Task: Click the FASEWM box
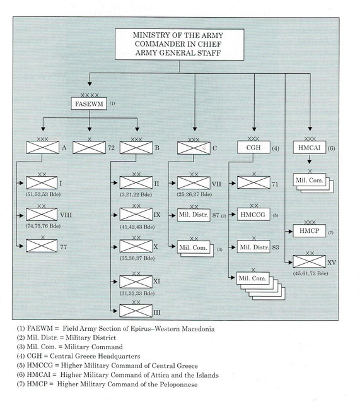pyautogui.click(x=89, y=104)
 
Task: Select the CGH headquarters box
pyautogui.click(x=253, y=147)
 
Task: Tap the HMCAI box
pyautogui.click(x=310, y=147)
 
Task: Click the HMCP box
pyautogui.click(x=309, y=230)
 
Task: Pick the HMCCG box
pyautogui.click(x=253, y=215)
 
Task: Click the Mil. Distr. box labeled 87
pyautogui.click(x=194, y=215)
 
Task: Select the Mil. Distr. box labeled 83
pyautogui.click(x=253, y=247)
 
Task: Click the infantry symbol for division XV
pyautogui.click(x=309, y=261)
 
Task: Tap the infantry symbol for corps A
pyautogui.click(x=42, y=147)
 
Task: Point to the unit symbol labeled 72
pyautogui.click(x=89, y=147)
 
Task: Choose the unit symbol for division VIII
pyautogui.click(x=42, y=215)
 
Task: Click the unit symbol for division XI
pyautogui.click(x=136, y=282)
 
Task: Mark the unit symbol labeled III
pyautogui.click(x=136, y=311)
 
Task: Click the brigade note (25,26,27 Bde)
pyautogui.click(x=194, y=194)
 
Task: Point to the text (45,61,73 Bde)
pyautogui.click(x=311, y=273)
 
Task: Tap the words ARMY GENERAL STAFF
pyautogui.click(x=178, y=53)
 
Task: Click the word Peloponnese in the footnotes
pyautogui.click(x=178, y=384)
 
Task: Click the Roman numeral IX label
pyautogui.click(x=157, y=215)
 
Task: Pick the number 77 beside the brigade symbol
pyautogui.click(x=63, y=247)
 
